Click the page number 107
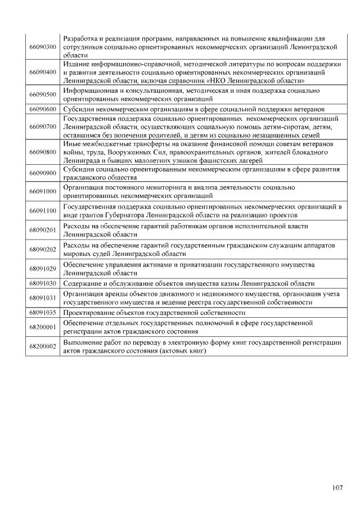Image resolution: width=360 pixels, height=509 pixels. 337,488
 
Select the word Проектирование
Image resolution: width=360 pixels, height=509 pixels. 89,312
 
